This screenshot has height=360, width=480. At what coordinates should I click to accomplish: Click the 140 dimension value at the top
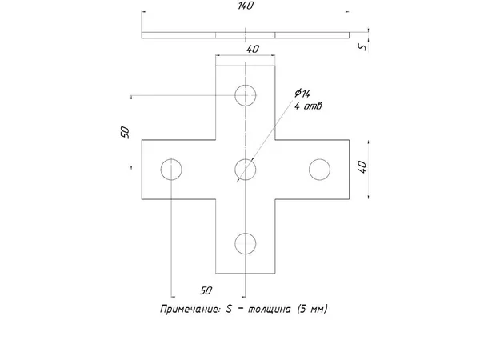click(x=246, y=6)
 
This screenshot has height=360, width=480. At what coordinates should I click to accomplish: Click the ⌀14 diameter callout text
click(x=302, y=93)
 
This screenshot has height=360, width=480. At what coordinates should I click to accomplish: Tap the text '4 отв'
click(x=308, y=106)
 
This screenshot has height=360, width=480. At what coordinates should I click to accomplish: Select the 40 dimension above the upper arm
click(x=252, y=49)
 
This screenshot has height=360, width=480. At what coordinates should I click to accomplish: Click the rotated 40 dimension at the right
click(x=362, y=167)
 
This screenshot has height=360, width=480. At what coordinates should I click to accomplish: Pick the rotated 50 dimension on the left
click(x=125, y=132)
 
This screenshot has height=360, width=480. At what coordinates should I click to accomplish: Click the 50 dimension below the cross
click(x=206, y=290)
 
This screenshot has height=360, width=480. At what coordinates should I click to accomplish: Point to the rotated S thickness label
click(x=362, y=47)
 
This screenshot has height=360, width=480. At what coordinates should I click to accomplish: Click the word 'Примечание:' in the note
click(x=190, y=309)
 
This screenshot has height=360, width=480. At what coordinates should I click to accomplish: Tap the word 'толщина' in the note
click(x=269, y=309)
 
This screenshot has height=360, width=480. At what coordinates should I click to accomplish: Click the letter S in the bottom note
click(x=229, y=309)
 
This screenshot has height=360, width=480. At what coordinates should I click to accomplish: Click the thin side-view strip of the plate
click(x=246, y=35)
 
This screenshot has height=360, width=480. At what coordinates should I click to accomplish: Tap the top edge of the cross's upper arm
click(x=246, y=66)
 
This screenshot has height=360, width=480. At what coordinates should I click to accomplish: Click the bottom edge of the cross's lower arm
click(x=246, y=273)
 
